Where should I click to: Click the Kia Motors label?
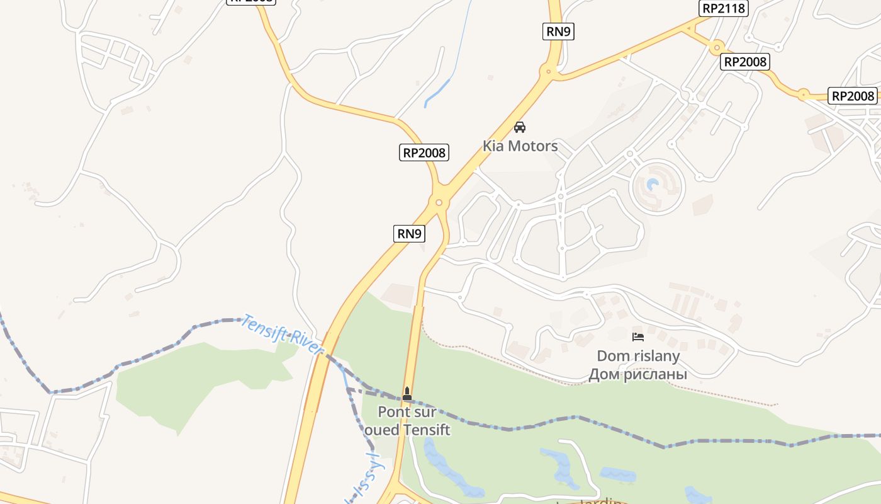pos(520,146)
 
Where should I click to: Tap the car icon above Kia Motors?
pos(520,127)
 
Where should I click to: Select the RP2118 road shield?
pos(724,8)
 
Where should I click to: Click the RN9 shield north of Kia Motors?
pos(558,31)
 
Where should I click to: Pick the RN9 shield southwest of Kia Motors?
pos(409,234)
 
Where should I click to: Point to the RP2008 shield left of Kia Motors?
pos(424,152)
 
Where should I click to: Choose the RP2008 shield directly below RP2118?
pos(745,62)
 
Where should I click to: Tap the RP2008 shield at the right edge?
pos(853,96)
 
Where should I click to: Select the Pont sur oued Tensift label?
pos(407,421)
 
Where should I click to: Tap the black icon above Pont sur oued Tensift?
pos(407,394)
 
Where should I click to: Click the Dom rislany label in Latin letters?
pos(638,356)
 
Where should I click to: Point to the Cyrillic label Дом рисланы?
pos(637,374)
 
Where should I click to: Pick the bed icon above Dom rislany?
pos(638,337)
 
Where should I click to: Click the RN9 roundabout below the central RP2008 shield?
pos(439,202)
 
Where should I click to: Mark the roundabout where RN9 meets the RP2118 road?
pos(549,72)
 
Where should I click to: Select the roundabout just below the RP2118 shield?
pos(716,47)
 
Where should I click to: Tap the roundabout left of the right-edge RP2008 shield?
pos(803,95)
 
